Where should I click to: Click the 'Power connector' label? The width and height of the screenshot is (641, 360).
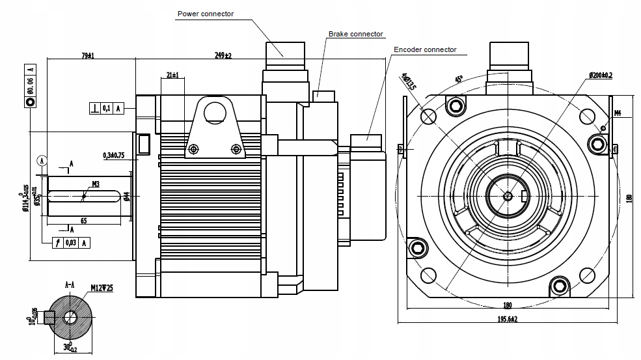coord(206,13)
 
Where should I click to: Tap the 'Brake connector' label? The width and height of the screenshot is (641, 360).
coord(355,34)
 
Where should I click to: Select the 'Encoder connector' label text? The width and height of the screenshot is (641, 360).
coord(425,49)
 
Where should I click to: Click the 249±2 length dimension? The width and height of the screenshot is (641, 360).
coord(223,56)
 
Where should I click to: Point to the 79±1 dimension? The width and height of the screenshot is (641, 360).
coord(88,56)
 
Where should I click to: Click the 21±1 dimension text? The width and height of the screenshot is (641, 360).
coord(172,75)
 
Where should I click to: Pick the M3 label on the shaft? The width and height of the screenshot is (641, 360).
coord(95,184)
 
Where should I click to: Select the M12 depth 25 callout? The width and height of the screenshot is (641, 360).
coord(102,287)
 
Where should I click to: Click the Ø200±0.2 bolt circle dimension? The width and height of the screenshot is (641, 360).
coord(601,75)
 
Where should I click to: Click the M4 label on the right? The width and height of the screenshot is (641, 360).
coord(618,113)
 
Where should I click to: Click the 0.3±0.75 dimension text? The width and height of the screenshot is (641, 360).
coord(113,155)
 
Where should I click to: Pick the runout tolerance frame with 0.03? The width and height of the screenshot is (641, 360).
coord(70,242)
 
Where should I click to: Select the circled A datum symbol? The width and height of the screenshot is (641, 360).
coord(42,159)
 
